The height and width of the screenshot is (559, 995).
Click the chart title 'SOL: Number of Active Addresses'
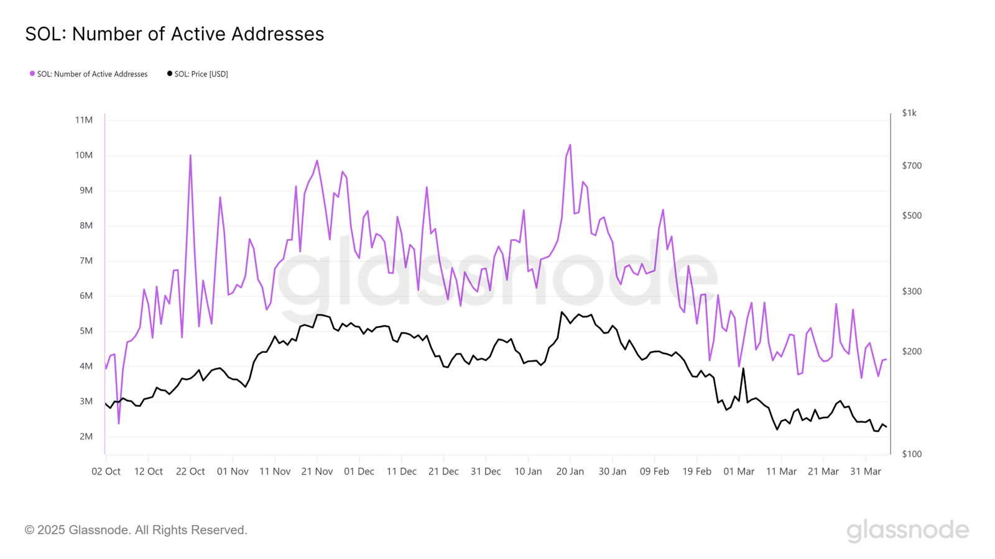[175, 34]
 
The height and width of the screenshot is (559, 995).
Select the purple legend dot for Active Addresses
[32, 74]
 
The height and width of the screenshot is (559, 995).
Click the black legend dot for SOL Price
[170, 74]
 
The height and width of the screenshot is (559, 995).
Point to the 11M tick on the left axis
[84, 120]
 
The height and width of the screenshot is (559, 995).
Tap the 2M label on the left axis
[86, 437]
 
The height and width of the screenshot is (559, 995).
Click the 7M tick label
[86, 261]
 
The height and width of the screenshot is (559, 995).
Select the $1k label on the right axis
[909, 113]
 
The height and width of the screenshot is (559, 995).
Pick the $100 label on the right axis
[912, 454]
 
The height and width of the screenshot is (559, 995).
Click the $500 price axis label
[912, 216]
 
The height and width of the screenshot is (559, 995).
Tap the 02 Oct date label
[106, 471]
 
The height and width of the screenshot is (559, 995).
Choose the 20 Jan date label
[570, 471]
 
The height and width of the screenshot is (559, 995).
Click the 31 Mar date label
[866, 471]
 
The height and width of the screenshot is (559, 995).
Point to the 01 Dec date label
[359, 471]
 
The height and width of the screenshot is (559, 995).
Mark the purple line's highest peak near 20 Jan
[570, 145]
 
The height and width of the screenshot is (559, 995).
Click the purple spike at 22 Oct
[190, 156]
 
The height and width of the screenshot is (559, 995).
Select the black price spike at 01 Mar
[743, 369]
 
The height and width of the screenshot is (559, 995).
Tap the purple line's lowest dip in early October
[119, 423]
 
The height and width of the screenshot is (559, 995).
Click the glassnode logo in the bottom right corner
[908, 530]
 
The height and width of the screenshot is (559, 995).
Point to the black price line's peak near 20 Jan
[562, 312]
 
